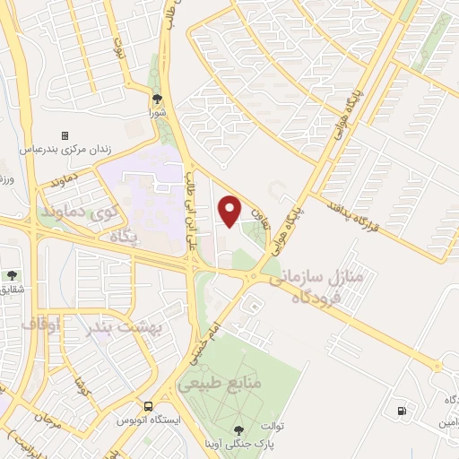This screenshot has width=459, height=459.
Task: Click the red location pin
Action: click(x=230, y=211)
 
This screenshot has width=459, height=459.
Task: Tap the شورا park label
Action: click(x=158, y=114)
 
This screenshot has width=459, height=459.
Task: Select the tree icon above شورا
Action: click(x=158, y=99)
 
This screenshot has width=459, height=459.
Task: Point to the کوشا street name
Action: click(x=82, y=366)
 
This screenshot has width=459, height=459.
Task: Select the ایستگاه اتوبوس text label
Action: click(x=151, y=420)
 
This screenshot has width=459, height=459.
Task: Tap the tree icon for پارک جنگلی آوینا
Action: click(x=238, y=431)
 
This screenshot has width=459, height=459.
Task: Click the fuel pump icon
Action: click(x=399, y=411)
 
